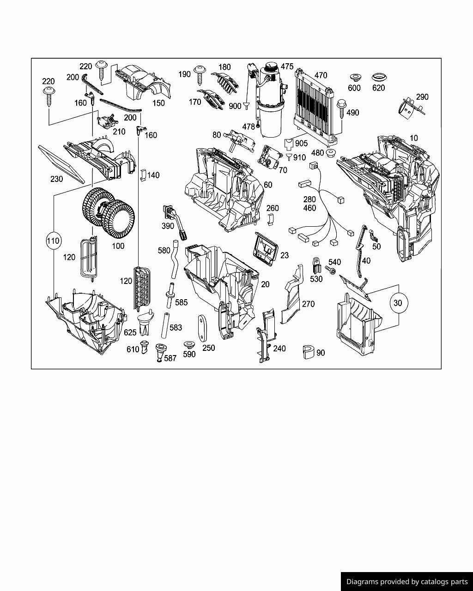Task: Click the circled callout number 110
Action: (54, 241)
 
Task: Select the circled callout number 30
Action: (398, 303)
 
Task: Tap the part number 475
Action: (287, 66)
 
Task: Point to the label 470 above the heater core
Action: (321, 75)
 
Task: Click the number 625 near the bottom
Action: (130, 332)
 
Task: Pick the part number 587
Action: (170, 358)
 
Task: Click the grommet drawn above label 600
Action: (354, 77)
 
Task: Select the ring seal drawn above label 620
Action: (378, 77)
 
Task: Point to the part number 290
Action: (422, 97)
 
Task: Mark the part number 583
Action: (176, 328)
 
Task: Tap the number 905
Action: (301, 144)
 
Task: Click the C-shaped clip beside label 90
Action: (308, 352)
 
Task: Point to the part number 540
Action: (334, 262)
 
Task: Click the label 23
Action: (285, 255)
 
